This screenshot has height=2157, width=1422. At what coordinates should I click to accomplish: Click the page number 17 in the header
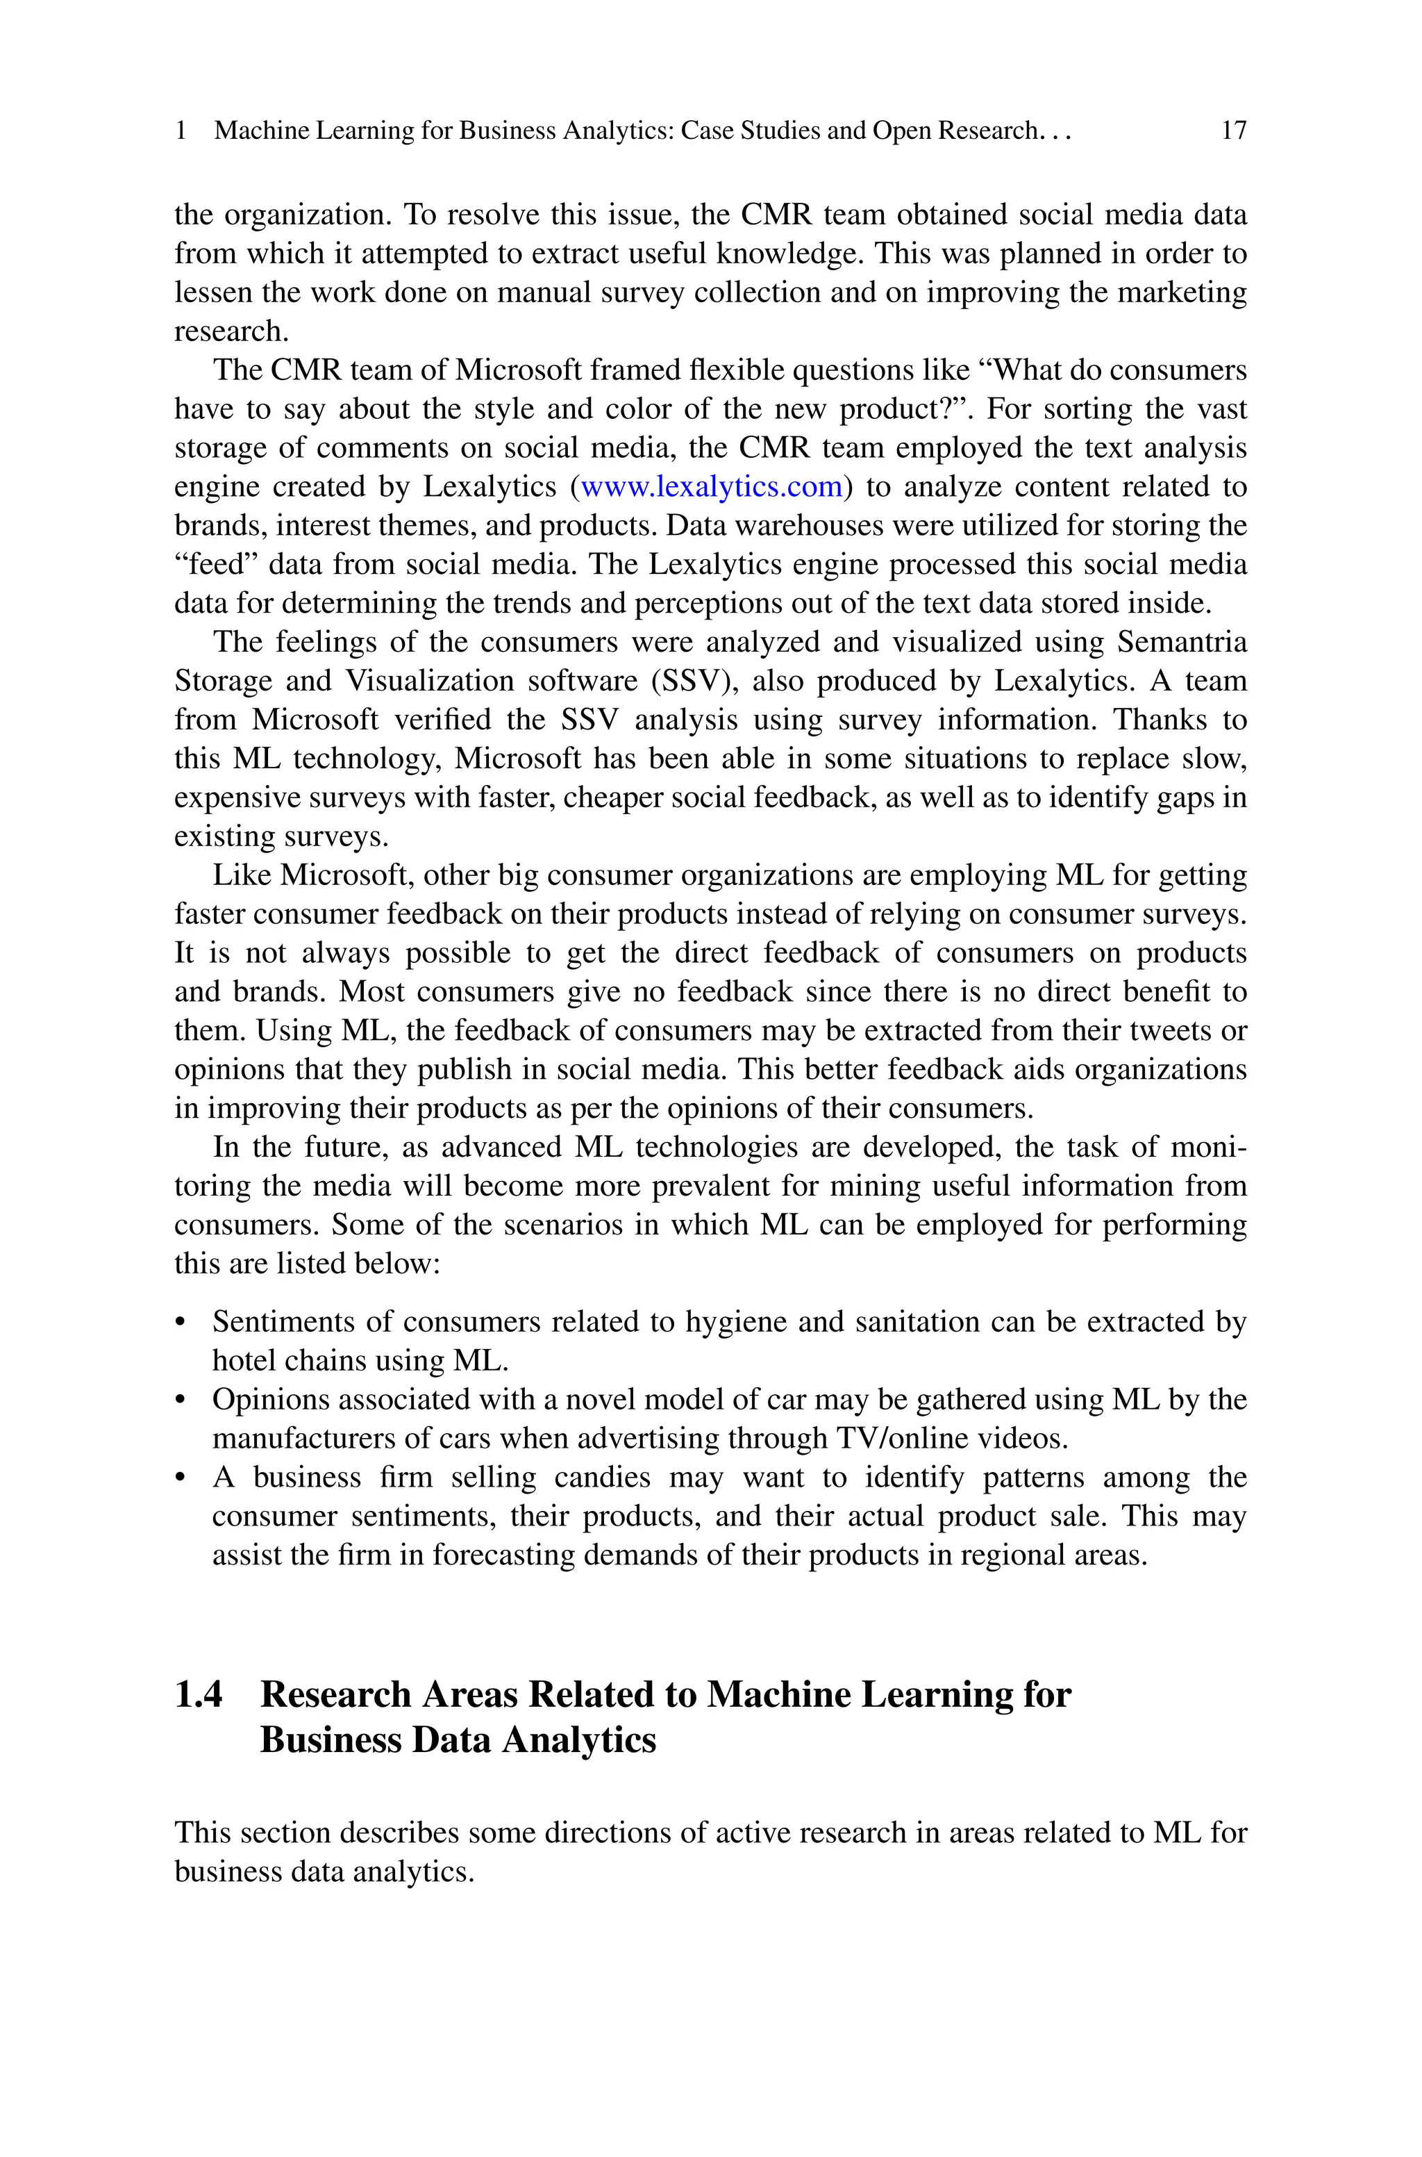click(x=1233, y=131)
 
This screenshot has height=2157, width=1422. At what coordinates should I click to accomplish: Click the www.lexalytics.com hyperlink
click(x=711, y=487)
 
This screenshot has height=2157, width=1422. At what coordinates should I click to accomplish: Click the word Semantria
click(x=1182, y=642)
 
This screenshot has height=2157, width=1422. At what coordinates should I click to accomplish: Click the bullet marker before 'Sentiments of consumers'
click(x=181, y=1323)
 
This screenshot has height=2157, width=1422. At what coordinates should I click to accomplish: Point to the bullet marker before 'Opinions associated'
click(x=181, y=1401)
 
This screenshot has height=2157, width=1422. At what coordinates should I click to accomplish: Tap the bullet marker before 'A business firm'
click(x=181, y=1478)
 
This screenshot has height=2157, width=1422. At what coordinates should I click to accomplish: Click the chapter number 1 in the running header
click(x=181, y=131)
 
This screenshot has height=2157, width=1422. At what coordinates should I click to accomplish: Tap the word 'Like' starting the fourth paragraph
click(x=241, y=875)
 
